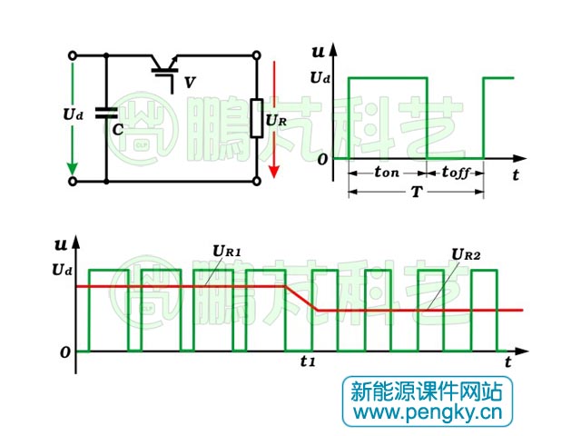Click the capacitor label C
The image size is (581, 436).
point(117,129)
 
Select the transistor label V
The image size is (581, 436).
point(190,83)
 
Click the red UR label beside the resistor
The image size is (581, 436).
point(278,118)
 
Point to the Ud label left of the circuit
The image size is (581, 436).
point(73,114)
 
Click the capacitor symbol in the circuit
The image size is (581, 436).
point(106,114)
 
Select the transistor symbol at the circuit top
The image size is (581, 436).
point(164,68)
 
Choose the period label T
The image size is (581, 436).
point(416,193)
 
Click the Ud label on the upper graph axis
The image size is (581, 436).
point(320,78)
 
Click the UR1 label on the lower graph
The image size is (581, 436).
point(227,250)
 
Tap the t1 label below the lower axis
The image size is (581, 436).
point(308,362)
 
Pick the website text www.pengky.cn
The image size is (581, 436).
point(427,413)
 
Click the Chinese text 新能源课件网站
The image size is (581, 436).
point(427,391)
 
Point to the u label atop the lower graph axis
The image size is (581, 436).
point(61,243)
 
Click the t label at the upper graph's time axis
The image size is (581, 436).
point(515,173)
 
